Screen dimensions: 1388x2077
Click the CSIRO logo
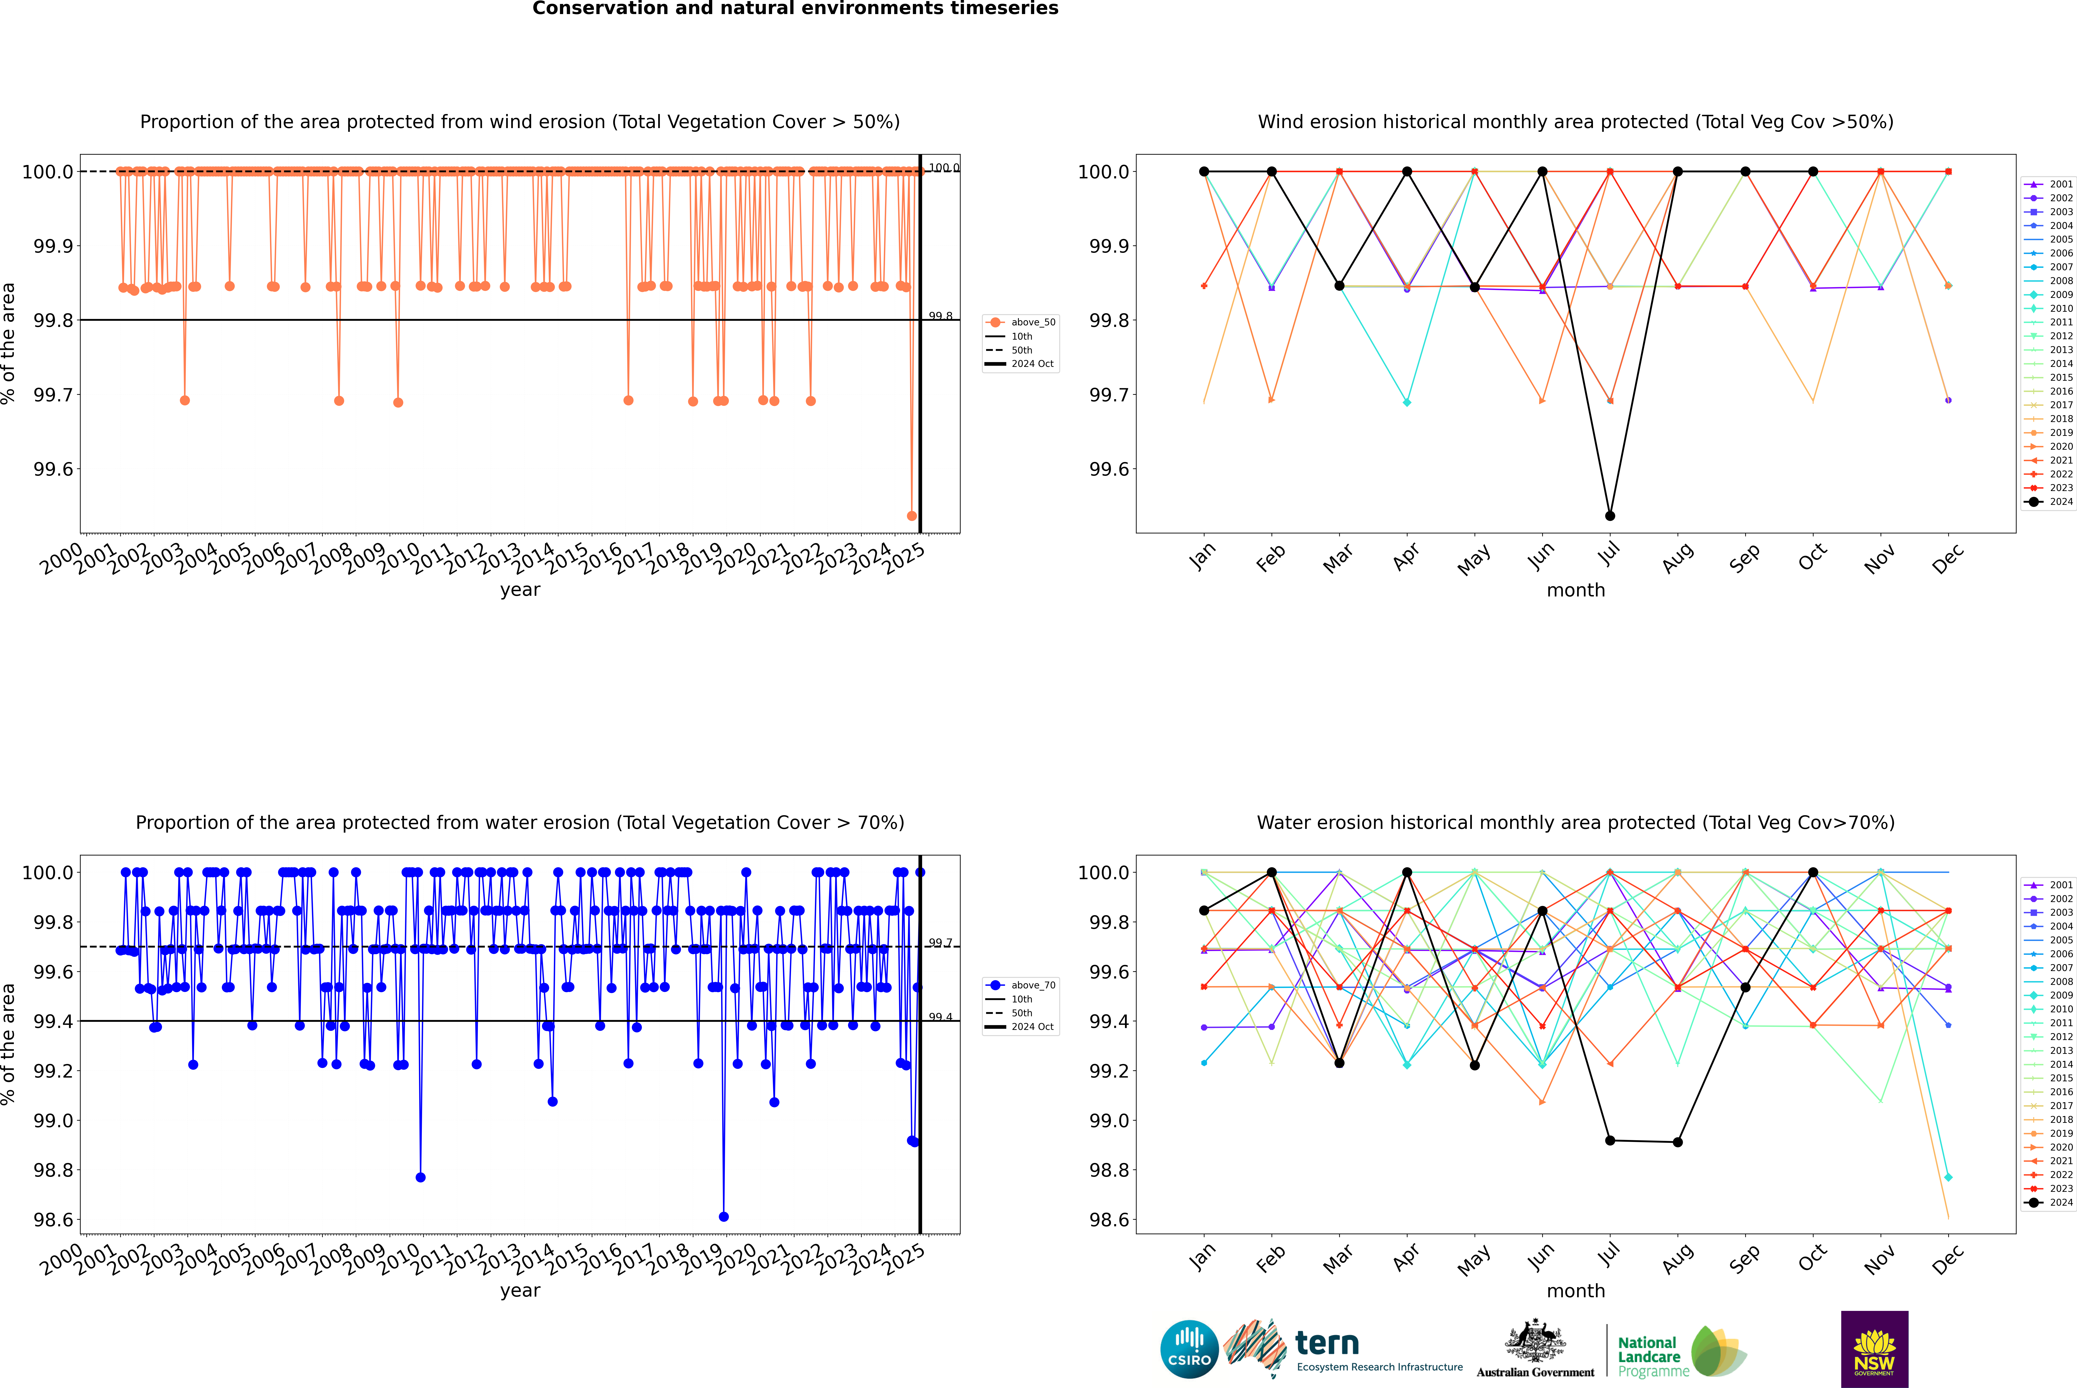point(1189,1349)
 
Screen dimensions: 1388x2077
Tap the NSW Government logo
point(1874,1349)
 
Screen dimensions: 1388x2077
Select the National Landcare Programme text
point(1649,1357)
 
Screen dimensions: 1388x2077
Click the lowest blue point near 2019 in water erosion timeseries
point(723,1216)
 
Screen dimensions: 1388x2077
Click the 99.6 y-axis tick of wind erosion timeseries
point(53,469)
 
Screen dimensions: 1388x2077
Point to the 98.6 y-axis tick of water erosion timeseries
point(53,1220)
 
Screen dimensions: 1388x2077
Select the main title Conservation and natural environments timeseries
point(795,9)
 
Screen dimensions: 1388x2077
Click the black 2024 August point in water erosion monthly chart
point(1677,1142)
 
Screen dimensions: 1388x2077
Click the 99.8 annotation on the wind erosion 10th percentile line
point(940,316)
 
